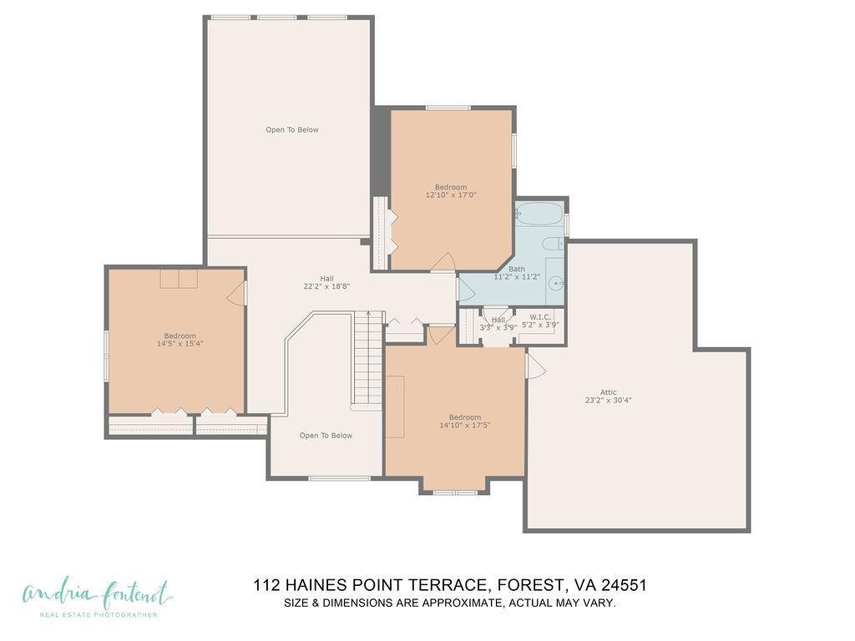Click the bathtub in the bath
click(x=539, y=215)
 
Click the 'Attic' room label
click(x=608, y=391)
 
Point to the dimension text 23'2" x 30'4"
click(x=608, y=400)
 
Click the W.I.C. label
click(x=540, y=317)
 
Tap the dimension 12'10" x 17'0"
click(x=451, y=194)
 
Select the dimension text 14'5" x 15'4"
click(x=180, y=343)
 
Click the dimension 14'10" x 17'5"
click(x=465, y=425)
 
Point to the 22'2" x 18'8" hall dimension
click(x=326, y=286)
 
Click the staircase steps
click(x=367, y=359)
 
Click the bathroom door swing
click(x=466, y=289)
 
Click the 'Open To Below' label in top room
click(x=292, y=129)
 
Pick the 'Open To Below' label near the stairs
click(x=326, y=436)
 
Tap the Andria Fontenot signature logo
click(x=97, y=596)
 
